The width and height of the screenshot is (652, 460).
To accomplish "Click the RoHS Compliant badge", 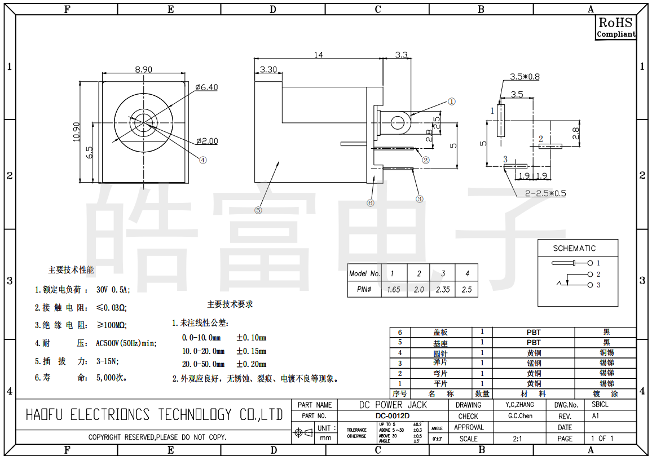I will [x=616, y=27].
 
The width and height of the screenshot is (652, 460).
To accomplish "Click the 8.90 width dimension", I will [x=143, y=69].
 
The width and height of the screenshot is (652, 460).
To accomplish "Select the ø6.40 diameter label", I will [x=206, y=87].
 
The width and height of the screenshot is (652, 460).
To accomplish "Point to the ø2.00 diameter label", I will [x=207, y=141].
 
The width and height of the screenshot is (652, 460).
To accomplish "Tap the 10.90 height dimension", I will [x=77, y=132].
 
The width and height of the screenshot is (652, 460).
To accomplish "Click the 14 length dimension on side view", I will [x=319, y=55].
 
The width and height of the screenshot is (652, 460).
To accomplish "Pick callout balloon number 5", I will [x=258, y=210].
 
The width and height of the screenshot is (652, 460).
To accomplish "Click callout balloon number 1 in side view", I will [x=451, y=101].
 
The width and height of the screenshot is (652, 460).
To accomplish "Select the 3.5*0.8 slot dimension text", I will [x=525, y=77].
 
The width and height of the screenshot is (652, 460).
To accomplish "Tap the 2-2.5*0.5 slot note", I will [x=545, y=193].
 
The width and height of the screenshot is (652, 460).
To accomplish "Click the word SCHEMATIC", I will [x=574, y=248].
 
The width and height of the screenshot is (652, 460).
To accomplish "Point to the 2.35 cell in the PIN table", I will [x=443, y=290].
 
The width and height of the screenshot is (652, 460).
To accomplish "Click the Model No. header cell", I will [x=365, y=273].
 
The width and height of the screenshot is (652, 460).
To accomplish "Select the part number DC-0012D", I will [x=393, y=416].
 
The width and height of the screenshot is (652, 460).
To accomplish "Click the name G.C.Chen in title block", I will [x=520, y=416].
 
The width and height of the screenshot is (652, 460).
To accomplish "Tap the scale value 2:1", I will [x=517, y=439].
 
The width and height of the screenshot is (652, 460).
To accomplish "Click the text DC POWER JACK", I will [x=393, y=405].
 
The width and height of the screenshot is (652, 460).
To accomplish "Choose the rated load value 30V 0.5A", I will [x=113, y=290].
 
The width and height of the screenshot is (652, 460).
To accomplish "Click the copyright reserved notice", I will [x=157, y=437].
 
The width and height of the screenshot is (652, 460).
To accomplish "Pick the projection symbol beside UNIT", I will [x=303, y=433].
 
